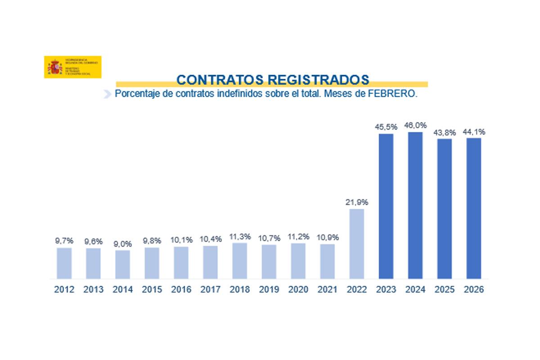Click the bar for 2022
(356, 243)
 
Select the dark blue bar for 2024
(415, 205)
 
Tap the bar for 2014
(122, 264)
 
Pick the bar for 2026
(473, 208)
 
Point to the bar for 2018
(239, 261)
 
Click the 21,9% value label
(356, 202)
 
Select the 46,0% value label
(415, 125)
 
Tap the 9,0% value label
(122, 244)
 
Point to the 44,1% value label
(473, 132)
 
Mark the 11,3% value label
(239, 237)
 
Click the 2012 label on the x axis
(64, 290)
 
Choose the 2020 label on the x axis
(298, 290)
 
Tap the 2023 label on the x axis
(386, 290)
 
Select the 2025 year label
(444, 290)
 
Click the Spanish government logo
(72, 67)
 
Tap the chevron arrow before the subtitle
(107, 94)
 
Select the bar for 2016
(181, 262)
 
